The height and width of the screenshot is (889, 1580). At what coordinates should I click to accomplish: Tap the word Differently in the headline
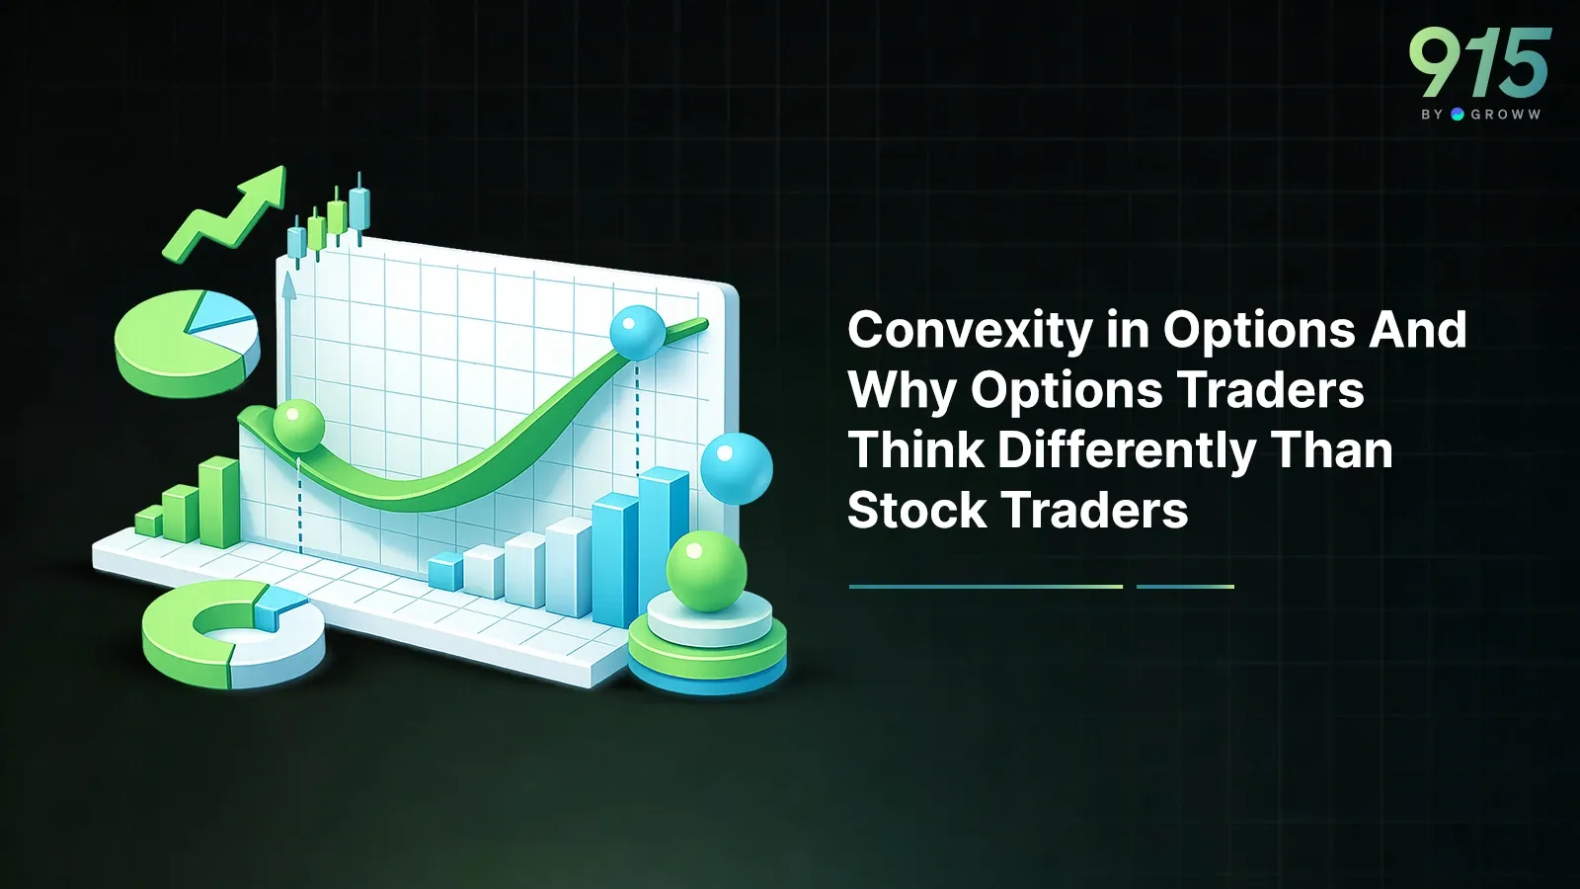coord(1127,451)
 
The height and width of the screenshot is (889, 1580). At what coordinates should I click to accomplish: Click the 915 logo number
coord(1479,62)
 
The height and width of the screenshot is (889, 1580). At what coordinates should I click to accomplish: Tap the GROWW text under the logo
coord(1505,115)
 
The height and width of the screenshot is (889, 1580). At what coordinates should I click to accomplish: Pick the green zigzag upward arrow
coord(226,213)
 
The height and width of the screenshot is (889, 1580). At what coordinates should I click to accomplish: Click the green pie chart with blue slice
coord(187,342)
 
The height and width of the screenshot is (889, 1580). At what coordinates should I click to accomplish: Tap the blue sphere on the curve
coord(637,332)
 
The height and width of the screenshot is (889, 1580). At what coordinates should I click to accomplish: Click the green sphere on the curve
coord(297,426)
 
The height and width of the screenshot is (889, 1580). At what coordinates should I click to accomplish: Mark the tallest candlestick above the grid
coord(358,208)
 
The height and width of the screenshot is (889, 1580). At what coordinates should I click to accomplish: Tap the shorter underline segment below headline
coord(1185,587)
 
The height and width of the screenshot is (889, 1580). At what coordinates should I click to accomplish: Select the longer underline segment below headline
coord(986,587)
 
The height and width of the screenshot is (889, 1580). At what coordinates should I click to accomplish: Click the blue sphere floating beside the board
coord(736,468)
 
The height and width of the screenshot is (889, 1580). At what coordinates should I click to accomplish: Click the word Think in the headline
coord(916,451)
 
